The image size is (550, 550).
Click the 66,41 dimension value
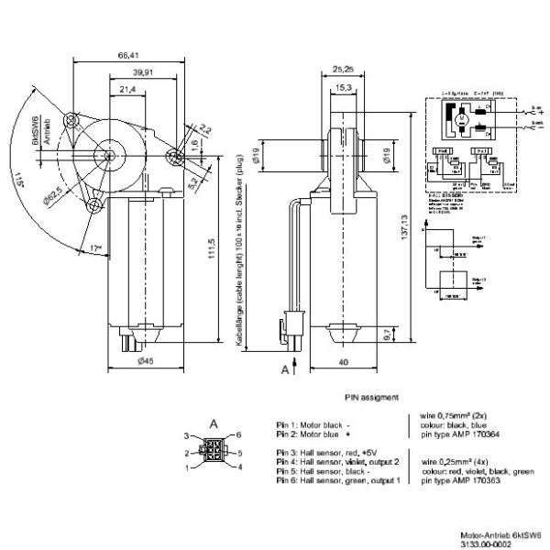coord(129,54)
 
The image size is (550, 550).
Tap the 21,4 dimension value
coord(126,89)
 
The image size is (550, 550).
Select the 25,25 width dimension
coord(343,70)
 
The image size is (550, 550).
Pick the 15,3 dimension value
coord(343,87)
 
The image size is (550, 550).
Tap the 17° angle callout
coord(85,247)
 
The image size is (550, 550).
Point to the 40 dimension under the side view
coord(343,362)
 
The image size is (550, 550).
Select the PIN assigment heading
coord(371,397)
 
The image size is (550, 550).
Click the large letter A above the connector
coord(213,423)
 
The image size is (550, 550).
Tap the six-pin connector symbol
coord(213,452)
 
